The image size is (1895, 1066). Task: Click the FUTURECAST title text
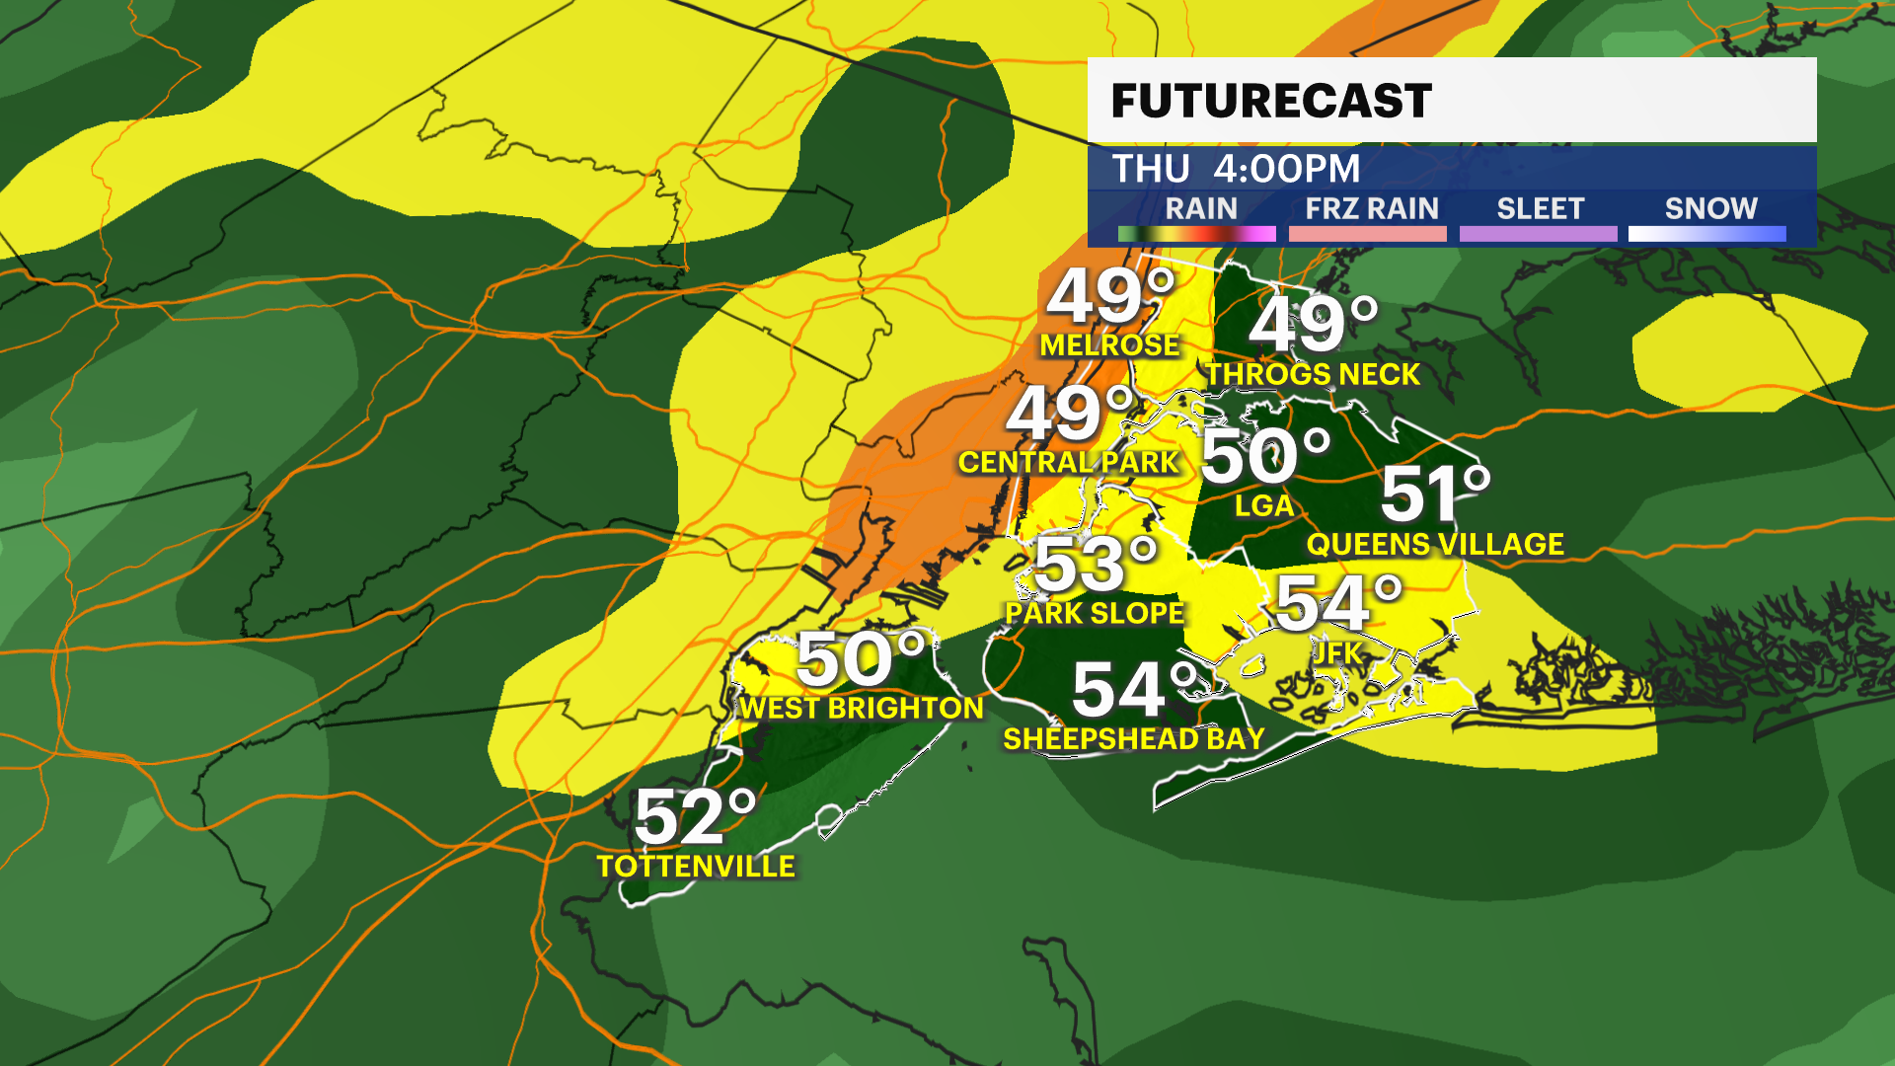click(x=1271, y=101)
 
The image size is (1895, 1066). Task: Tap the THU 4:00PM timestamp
click(x=1236, y=169)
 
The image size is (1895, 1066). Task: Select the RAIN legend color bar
click(x=1196, y=234)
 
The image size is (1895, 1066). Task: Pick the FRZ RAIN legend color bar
click(x=1367, y=234)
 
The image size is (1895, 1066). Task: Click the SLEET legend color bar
click(x=1538, y=234)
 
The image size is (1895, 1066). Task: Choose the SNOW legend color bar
click(x=1706, y=234)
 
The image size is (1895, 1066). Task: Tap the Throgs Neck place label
click(x=1313, y=375)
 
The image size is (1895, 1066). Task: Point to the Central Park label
click(x=1069, y=462)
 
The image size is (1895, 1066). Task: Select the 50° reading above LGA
click(x=1265, y=456)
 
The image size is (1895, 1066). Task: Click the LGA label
click(x=1264, y=506)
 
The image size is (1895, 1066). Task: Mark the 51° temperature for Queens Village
click(x=1435, y=494)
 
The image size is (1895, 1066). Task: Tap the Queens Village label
click(x=1435, y=544)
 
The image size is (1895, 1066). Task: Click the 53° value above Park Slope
click(x=1095, y=565)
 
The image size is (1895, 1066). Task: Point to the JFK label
click(x=1337, y=652)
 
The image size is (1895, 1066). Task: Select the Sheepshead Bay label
click(x=1134, y=739)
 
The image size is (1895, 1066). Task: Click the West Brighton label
click(x=862, y=709)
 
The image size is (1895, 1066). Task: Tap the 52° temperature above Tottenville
click(x=695, y=817)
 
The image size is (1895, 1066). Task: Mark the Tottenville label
click(x=696, y=867)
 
